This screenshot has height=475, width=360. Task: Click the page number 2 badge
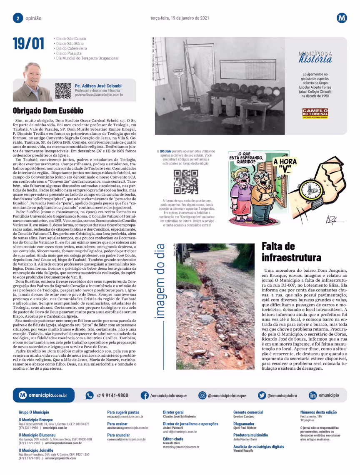[18, 18]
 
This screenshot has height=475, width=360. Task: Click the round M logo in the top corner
[342, 18]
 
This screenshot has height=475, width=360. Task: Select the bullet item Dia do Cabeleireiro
[71, 48]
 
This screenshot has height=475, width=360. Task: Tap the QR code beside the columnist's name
[63, 90]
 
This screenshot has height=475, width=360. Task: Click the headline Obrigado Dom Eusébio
[48, 111]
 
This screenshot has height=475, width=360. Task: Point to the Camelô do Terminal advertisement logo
[315, 113]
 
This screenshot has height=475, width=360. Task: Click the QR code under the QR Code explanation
[186, 182]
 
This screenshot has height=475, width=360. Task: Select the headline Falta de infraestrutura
[291, 251]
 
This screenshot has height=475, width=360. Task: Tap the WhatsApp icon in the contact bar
[90, 395]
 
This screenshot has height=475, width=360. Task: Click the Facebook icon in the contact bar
[145, 395]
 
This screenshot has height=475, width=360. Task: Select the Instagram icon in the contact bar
[202, 395]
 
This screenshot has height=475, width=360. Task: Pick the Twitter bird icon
[262, 395]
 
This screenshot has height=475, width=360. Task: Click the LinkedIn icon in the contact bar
[313, 395]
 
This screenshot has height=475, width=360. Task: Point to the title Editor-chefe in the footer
[173, 439]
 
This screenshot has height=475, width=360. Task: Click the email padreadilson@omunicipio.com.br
[99, 95]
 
